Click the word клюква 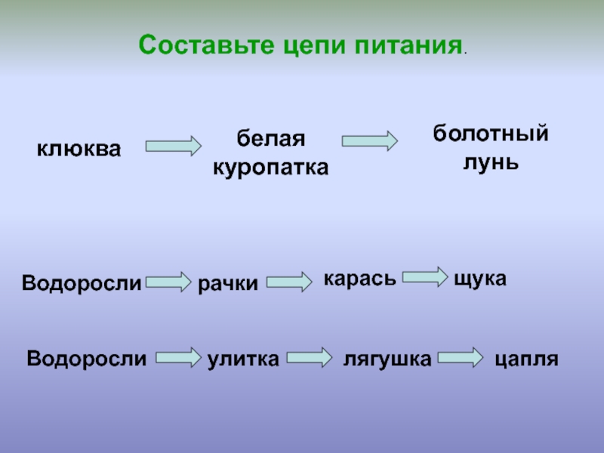[79, 148]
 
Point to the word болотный [490, 134]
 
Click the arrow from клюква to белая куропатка [173, 145]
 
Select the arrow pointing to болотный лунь [369, 140]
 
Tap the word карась [359, 279]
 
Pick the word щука [479, 279]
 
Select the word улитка [243, 359]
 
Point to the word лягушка [387, 359]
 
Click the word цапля [526, 359]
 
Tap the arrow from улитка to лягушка [310, 357]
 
